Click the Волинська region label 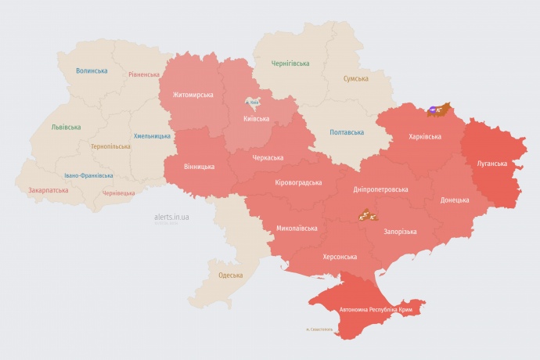(92, 70)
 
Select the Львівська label (66, 127)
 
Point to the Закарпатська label (48, 190)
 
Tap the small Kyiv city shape (252, 103)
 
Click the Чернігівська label (290, 63)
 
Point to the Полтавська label (346, 131)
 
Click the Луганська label (492, 164)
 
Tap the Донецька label (455, 200)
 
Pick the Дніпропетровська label (380, 189)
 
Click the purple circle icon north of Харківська (432, 110)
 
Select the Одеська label (230, 275)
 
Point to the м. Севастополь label (319, 329)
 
